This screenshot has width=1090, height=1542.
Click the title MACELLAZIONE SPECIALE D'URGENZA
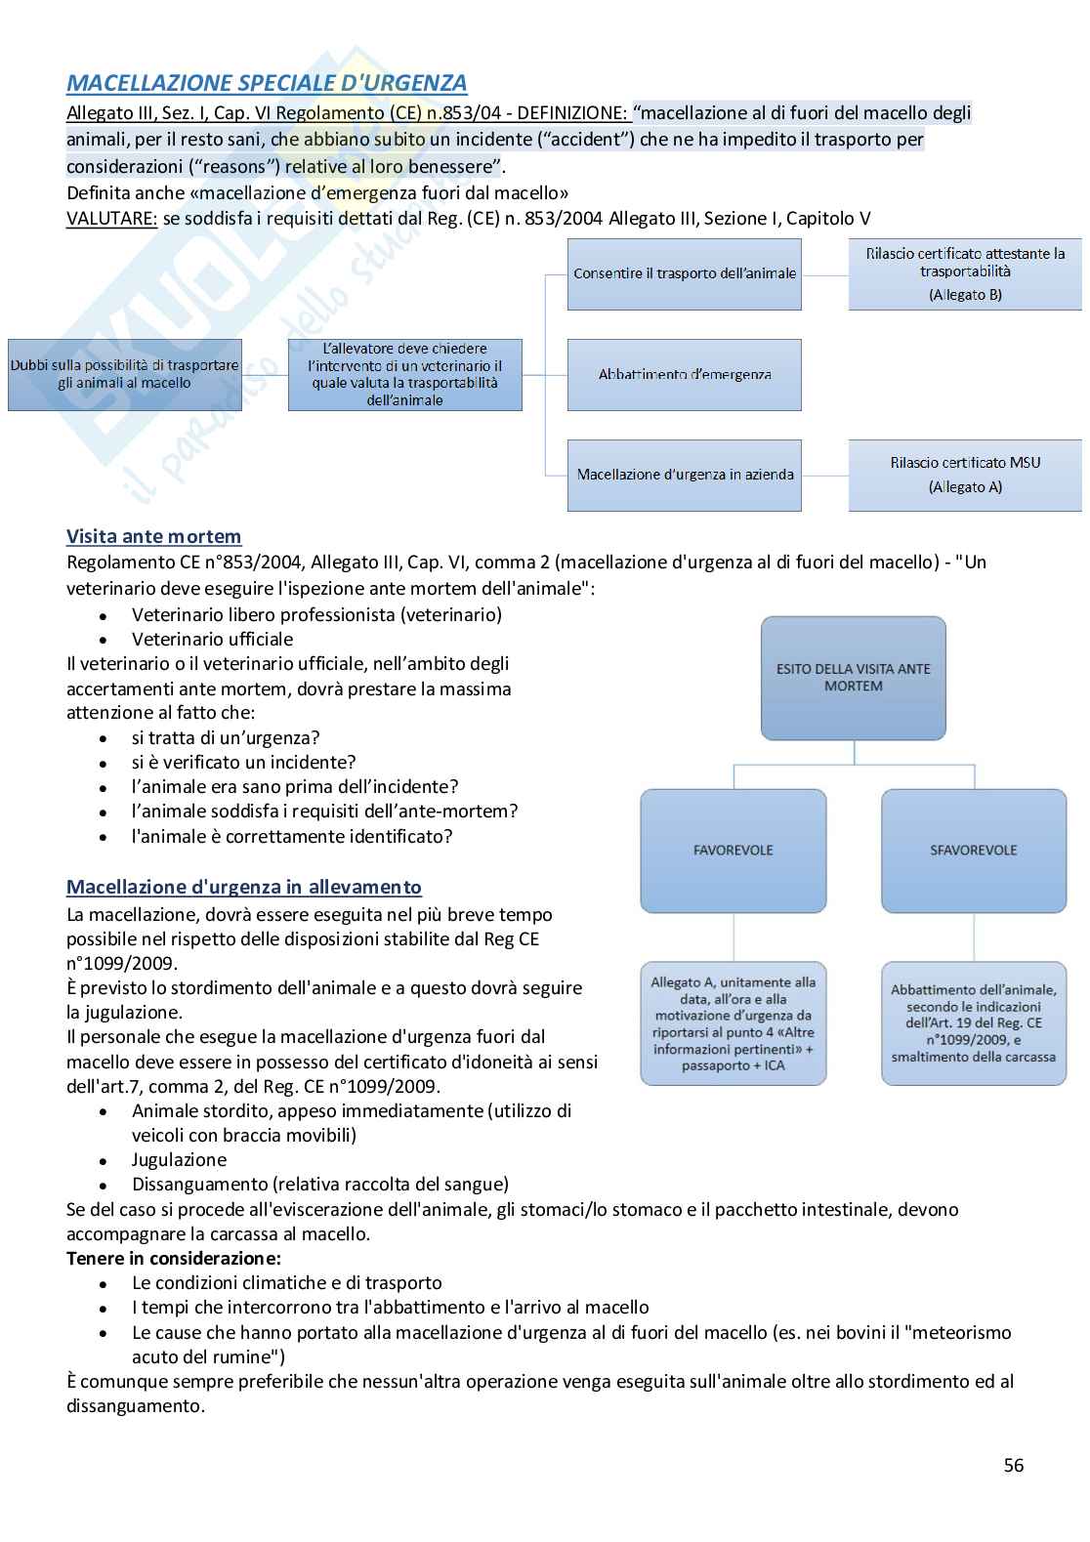[x=267, y=83]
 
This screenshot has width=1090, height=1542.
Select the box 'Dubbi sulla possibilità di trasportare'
[x=124, y=374]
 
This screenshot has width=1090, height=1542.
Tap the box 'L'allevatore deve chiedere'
[x=404, y=374]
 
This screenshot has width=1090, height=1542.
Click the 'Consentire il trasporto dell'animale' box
[x=684, y=274]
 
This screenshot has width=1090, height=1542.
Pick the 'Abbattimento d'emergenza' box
[x=684, y=374]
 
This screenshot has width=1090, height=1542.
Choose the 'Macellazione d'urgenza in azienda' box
[x=684, y=475]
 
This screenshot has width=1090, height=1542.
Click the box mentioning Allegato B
[x=964, y=274]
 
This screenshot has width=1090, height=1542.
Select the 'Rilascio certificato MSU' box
[x=964, y=475]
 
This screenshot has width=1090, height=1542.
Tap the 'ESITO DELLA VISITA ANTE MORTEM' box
[x=853, y=678]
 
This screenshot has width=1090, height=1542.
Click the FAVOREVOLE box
[x=733, y=851]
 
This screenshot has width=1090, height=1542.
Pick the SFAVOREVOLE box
[x=973, y=851]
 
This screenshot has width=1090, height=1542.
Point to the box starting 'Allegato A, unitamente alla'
[x=733, y=1023]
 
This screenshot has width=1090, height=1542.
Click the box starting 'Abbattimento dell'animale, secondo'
[x=973, y=1023]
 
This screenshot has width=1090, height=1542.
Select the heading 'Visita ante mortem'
[x=153, y=536]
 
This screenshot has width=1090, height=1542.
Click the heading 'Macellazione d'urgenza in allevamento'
[x=243, y=887]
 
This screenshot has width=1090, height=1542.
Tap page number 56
[x=1013, y=1465]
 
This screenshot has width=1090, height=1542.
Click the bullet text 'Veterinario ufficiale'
[x=212, y=639]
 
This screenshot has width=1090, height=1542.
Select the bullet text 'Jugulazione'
[x=179, y=1159]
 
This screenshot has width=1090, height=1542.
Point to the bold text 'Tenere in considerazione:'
[x=173, y=1258]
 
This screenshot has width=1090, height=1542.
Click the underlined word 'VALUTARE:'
[x=111, y=219]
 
